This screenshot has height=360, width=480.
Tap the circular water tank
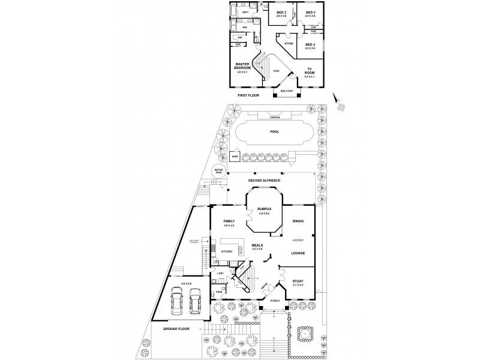(x=218, y=172)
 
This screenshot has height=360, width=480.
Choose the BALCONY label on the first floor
(x=285, y=91)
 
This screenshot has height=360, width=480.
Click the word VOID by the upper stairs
(x=276, y=71)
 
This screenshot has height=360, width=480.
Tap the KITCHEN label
(x=226, y=251)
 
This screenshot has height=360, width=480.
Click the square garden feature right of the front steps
(x=304, y=333)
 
